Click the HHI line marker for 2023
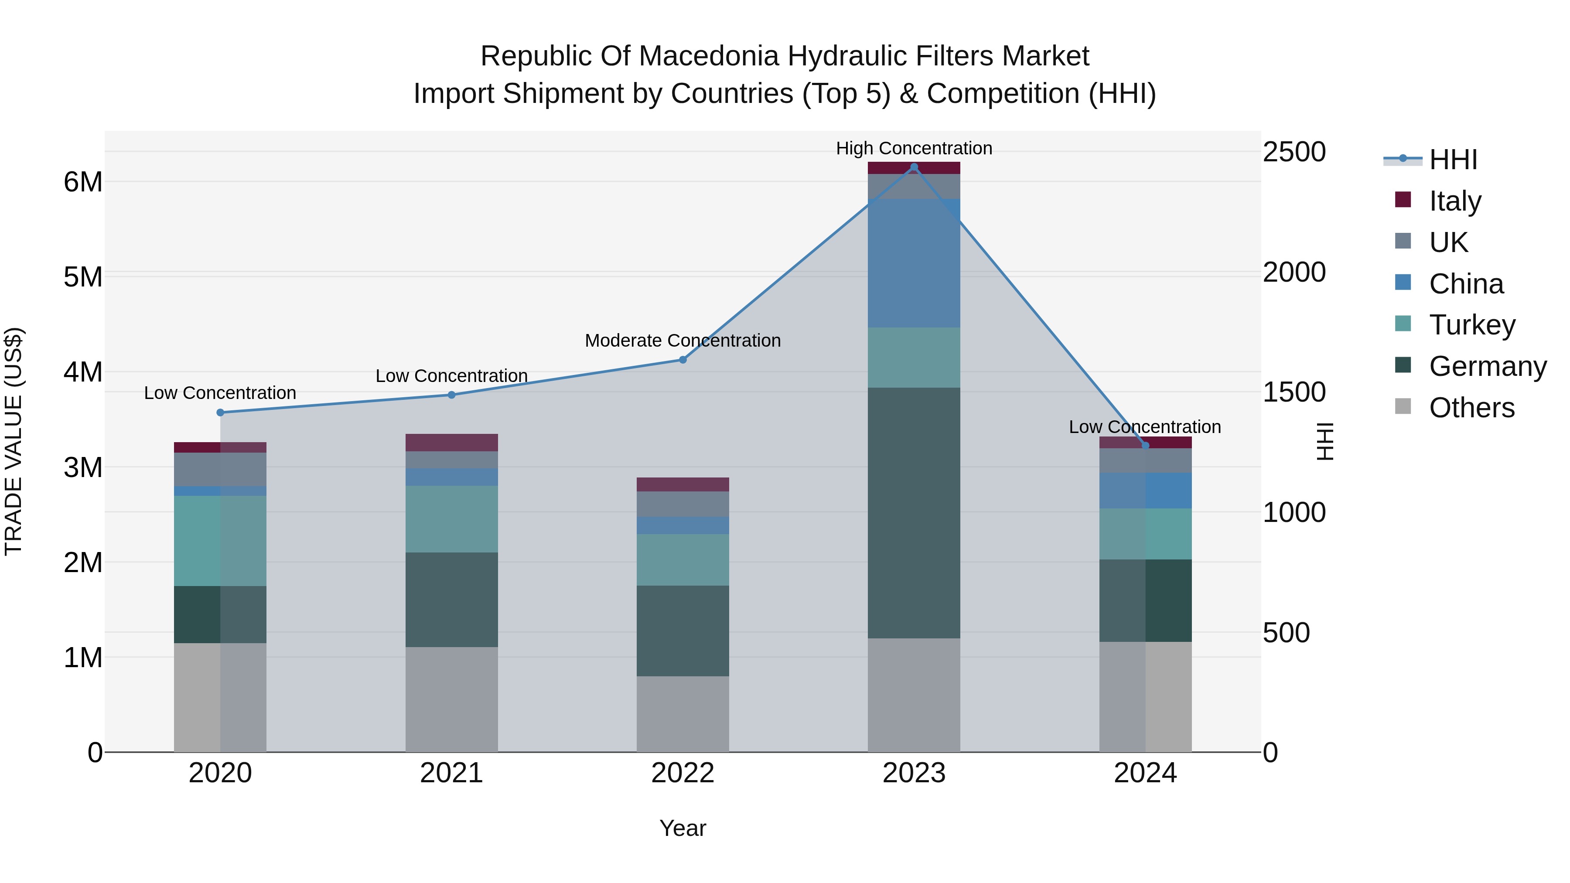pyautogui.click(x=914, y=167)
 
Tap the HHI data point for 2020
pyautogui.click(x=221, y=413)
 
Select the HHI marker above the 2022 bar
pyautogui.click(x=683, y=360)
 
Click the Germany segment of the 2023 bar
pyautogui.click(x=914, y=513)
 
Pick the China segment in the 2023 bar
pyautogui.click(x=914, y=263)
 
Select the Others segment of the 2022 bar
pyautogui.click(x=683, y=714)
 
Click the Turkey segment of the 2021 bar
pyautogui.click(x=452, y=519)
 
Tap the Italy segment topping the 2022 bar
pyautogui.click(x=683, y=484)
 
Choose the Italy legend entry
pyautogui.click(x=1455, y=201)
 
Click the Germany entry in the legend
pyautogui.click(x=1487, y=366)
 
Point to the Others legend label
pyautogui.click(x=1471, y=408)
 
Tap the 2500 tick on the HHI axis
pyautogui.click(x=1294, y=152)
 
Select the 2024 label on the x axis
pyautogui.click(x=1145, y=773)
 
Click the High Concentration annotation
pyautogui.click(x=914, y=148)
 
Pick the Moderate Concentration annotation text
pyautogui.click(x=683, y=341)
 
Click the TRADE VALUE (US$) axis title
pyautogui.click(x=14, y=441)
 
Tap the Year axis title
pyautogui.click(x=683, y=828)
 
